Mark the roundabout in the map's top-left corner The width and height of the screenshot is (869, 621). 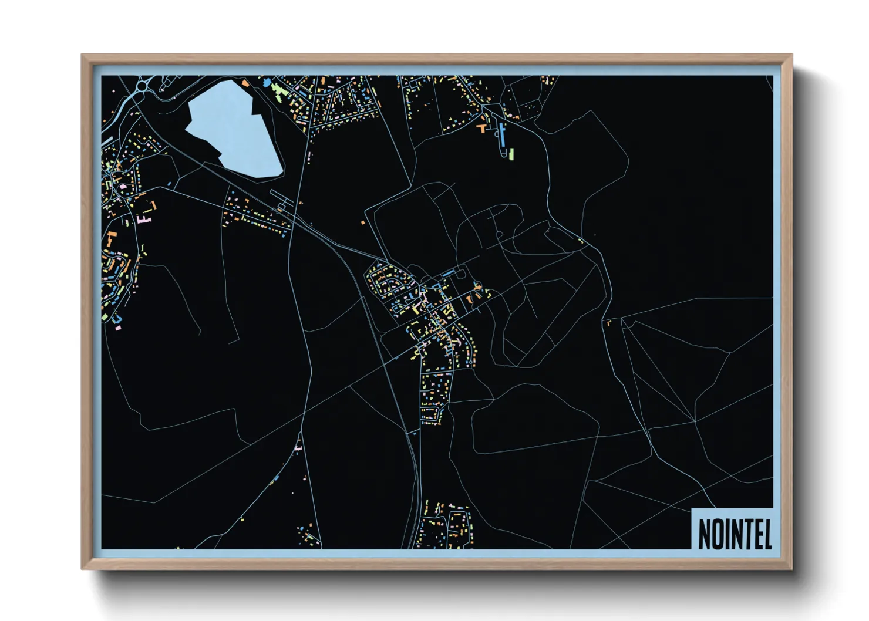point(142,87)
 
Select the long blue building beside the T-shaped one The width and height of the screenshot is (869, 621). point(501,134)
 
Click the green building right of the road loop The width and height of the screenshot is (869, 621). point(511,154)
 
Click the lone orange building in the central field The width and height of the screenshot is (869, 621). point(363,222)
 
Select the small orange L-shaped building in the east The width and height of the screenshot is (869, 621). point(608,322)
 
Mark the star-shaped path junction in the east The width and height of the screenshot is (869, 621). point(695,421)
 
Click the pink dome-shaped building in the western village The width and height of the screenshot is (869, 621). point(123,187)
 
